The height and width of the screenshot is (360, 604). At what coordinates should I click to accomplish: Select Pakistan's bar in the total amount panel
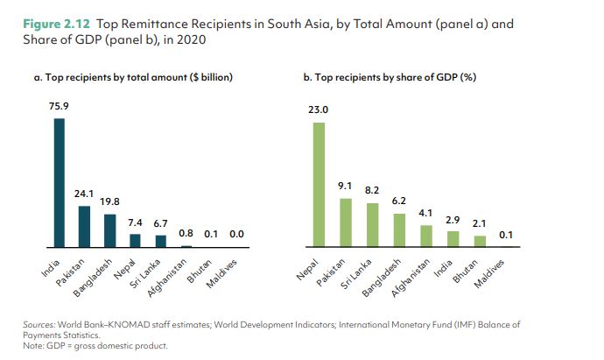click(85, 227)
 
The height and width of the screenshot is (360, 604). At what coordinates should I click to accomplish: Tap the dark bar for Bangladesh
click(110, 230)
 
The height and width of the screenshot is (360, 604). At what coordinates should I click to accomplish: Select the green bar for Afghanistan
click(425, 236)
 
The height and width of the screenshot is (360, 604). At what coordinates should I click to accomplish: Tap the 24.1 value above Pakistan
click(85, 194)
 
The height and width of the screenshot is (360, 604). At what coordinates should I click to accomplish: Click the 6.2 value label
click(399, 201)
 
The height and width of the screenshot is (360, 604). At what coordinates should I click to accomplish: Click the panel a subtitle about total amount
click(133, 78)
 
